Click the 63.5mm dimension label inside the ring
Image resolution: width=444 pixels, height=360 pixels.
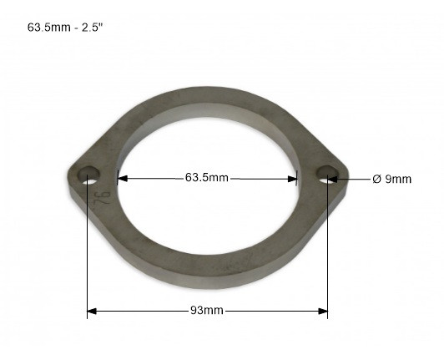pos(207,178)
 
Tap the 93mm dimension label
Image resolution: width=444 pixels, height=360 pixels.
pos(207,311)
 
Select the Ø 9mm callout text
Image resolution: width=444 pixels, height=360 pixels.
pos(392,179)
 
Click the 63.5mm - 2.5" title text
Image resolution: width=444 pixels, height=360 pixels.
pos(64,28)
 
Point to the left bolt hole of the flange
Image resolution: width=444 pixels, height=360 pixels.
pos(89,175)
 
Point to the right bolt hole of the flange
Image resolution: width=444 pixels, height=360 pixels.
pos(327,174)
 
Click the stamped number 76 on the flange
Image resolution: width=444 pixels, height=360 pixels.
pos(102,198)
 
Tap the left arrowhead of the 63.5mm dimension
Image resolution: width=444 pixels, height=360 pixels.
pos(123,179)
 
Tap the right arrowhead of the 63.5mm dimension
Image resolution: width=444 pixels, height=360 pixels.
pos(292,179)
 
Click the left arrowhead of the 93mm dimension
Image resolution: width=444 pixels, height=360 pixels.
pos(92,312)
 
